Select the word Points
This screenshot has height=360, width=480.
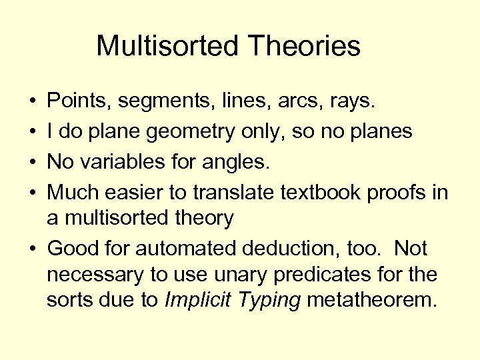[79, 102]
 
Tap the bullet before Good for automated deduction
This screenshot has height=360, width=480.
[33, 249]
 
